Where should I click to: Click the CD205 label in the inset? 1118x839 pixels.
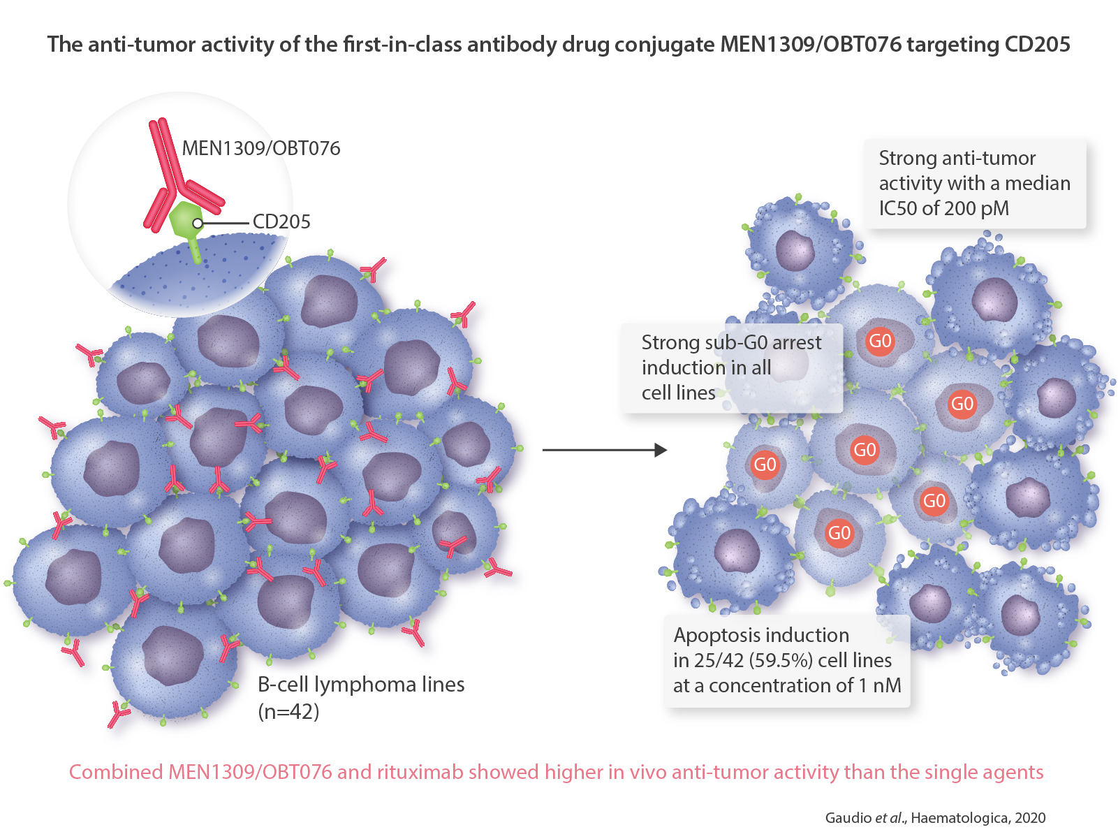tap(281, 222)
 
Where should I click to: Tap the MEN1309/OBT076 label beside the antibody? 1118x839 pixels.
tap(261, 148)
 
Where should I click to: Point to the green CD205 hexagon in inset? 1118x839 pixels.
tap(185, 221)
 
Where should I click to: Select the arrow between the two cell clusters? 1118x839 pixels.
tap(604, 450)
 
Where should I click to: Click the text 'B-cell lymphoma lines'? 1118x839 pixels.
tap(361, 685)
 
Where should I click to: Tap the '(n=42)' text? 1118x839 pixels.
tap(288, 712)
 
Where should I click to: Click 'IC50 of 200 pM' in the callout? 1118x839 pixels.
tap(943, 208)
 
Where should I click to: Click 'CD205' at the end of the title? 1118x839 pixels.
tap(1037, 45)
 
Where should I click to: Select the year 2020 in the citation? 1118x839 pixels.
tap(1030, 818)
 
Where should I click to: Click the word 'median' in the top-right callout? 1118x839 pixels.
tap(1038, 183)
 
